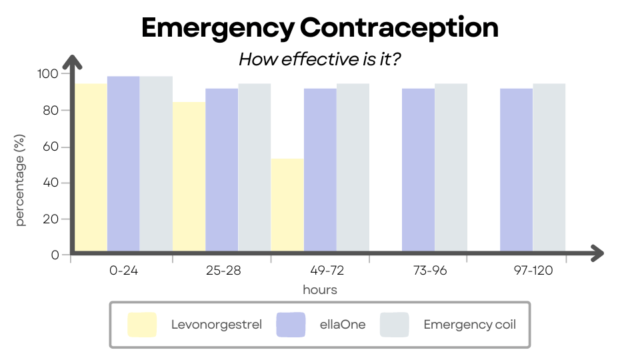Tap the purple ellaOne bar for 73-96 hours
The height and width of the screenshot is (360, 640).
tap(418, 171)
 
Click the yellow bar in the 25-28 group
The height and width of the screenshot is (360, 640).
tap(189, 177)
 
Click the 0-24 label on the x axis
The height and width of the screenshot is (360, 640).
tap(123, 271)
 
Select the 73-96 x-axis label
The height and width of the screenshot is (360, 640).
tap(418, 271)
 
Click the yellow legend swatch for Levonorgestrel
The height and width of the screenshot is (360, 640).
tap(142, 325)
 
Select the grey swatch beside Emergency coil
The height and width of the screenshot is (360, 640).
tap(394, 325)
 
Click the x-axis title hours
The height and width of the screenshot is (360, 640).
tap(320, 290)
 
